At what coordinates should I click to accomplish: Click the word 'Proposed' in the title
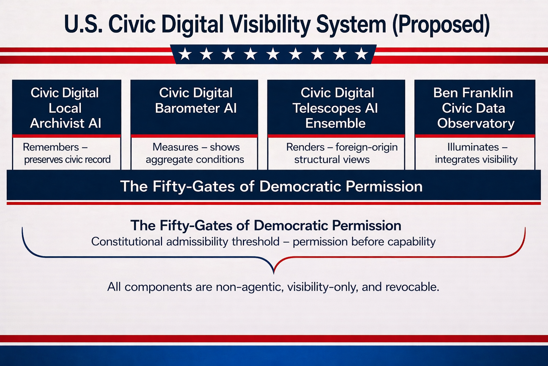pyautogui.click(x=441, y=25)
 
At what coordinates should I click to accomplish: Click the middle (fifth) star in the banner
pyautogui.click(x=273, y=54)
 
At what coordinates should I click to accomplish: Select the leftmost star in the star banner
pyautogui.click(x=185, y=54)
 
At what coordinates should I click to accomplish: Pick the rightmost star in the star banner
pyautogui.click(x=361, y=54)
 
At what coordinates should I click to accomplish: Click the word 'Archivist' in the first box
pyautogui.click(x=57, y=123)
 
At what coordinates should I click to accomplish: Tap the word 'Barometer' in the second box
pyautogui.click(x=187, y=108)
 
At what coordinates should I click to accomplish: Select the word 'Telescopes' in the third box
pyautogui.click(x=326, y=108)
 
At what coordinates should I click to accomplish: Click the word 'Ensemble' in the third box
pyautogui.click(x=335, y=123)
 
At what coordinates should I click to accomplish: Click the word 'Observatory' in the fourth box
pyautogui.click(x=476, y=123)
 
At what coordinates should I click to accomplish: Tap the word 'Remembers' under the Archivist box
pyautogui.click(x=51, y=147)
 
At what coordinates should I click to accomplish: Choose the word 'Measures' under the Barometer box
pyautogui.click(x=176, y=147)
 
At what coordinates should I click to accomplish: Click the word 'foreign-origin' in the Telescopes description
pyautogui.click(x=366, y=147)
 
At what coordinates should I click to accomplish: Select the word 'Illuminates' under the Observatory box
pyautogui.click(x=473, y=147)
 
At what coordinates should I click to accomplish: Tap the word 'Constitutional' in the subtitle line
pyautogui.click(x=127, y=242)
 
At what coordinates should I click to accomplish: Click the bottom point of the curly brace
pyautogui.click(x=274, y=273)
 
